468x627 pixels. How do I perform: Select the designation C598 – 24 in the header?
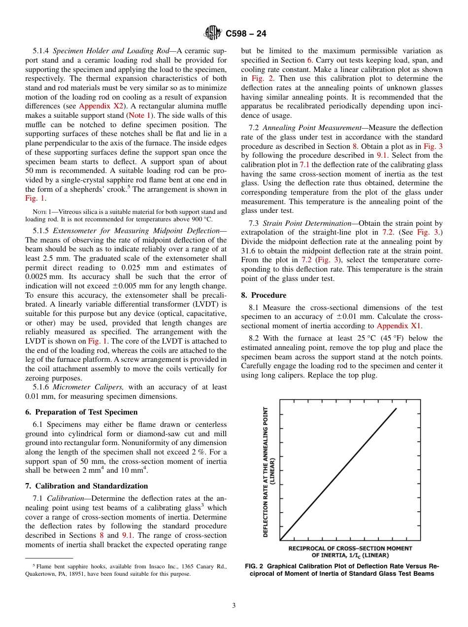pyautogui.click(x=246, y=34)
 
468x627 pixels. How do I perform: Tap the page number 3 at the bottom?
pyautogui.click(x=234, y=606)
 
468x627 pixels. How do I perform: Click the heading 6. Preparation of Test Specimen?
pyautogui.click(x=81, y=412)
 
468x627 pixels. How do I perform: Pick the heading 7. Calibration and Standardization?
pyautogui.click(x=87, y=486)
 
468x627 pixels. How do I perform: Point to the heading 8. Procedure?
pyautogui.click(x=264, y=295)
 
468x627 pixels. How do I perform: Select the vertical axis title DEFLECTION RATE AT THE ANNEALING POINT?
pyautogui.click(x=266, y=472)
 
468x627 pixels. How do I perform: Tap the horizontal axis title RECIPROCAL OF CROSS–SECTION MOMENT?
pyautogui.click(x=350, y=548)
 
